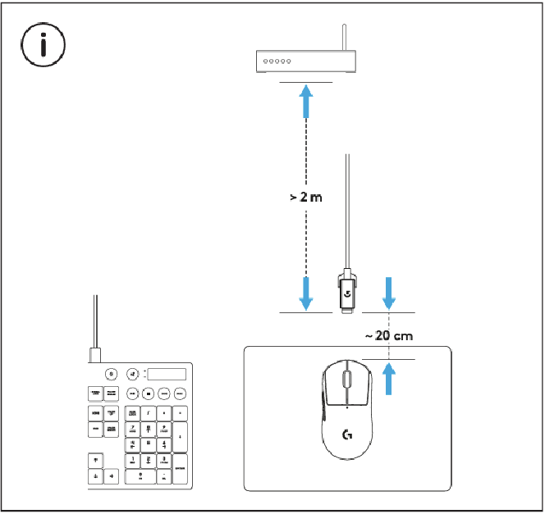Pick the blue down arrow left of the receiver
pos(306,293)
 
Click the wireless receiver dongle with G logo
pos(348,290)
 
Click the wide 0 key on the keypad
pos(140,475)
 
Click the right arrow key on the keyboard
pos(112,475)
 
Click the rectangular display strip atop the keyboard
pos(167,374)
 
